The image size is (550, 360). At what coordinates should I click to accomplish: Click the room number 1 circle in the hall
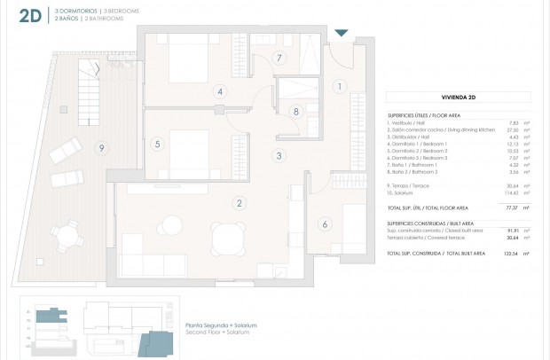(x=338, y=86)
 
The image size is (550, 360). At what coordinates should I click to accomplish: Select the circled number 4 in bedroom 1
(x=219, y=91)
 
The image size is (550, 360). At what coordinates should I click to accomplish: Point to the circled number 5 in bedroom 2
(x=157, y=144)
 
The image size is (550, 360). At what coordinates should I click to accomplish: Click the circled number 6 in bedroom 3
(x=325, y=223)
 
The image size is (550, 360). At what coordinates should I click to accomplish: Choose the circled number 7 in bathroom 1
(x=279, y=59)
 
